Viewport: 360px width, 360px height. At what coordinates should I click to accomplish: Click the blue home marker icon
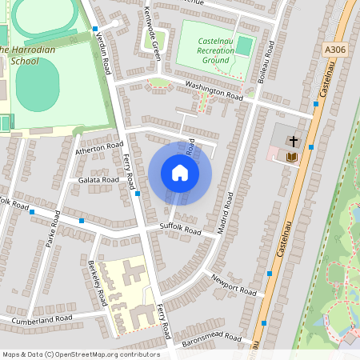pos(180,173)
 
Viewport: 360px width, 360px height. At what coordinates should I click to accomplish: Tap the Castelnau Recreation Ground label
pos(214,49)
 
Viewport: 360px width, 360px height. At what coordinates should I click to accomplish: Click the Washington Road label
pos(213,90)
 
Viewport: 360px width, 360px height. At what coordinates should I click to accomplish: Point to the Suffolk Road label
pos(180,230)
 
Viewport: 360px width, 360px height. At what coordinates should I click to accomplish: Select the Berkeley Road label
pos(98,283)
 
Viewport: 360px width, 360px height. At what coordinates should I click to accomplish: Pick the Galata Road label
pos(98,181)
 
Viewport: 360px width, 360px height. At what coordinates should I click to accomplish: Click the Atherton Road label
pos(99,148)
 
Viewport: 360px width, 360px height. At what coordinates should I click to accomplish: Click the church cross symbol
pos(293,142)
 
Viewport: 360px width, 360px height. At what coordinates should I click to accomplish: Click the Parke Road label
pos(54,228)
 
